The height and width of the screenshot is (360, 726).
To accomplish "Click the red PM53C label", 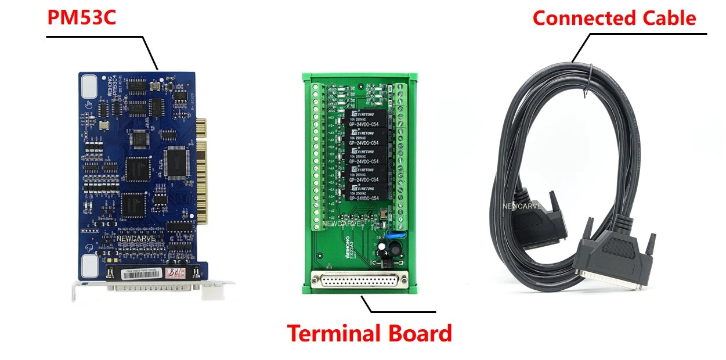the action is point(81,17).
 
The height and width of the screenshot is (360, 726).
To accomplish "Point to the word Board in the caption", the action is point(420,334).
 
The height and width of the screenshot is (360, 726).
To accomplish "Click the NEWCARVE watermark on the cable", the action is point(522,206).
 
